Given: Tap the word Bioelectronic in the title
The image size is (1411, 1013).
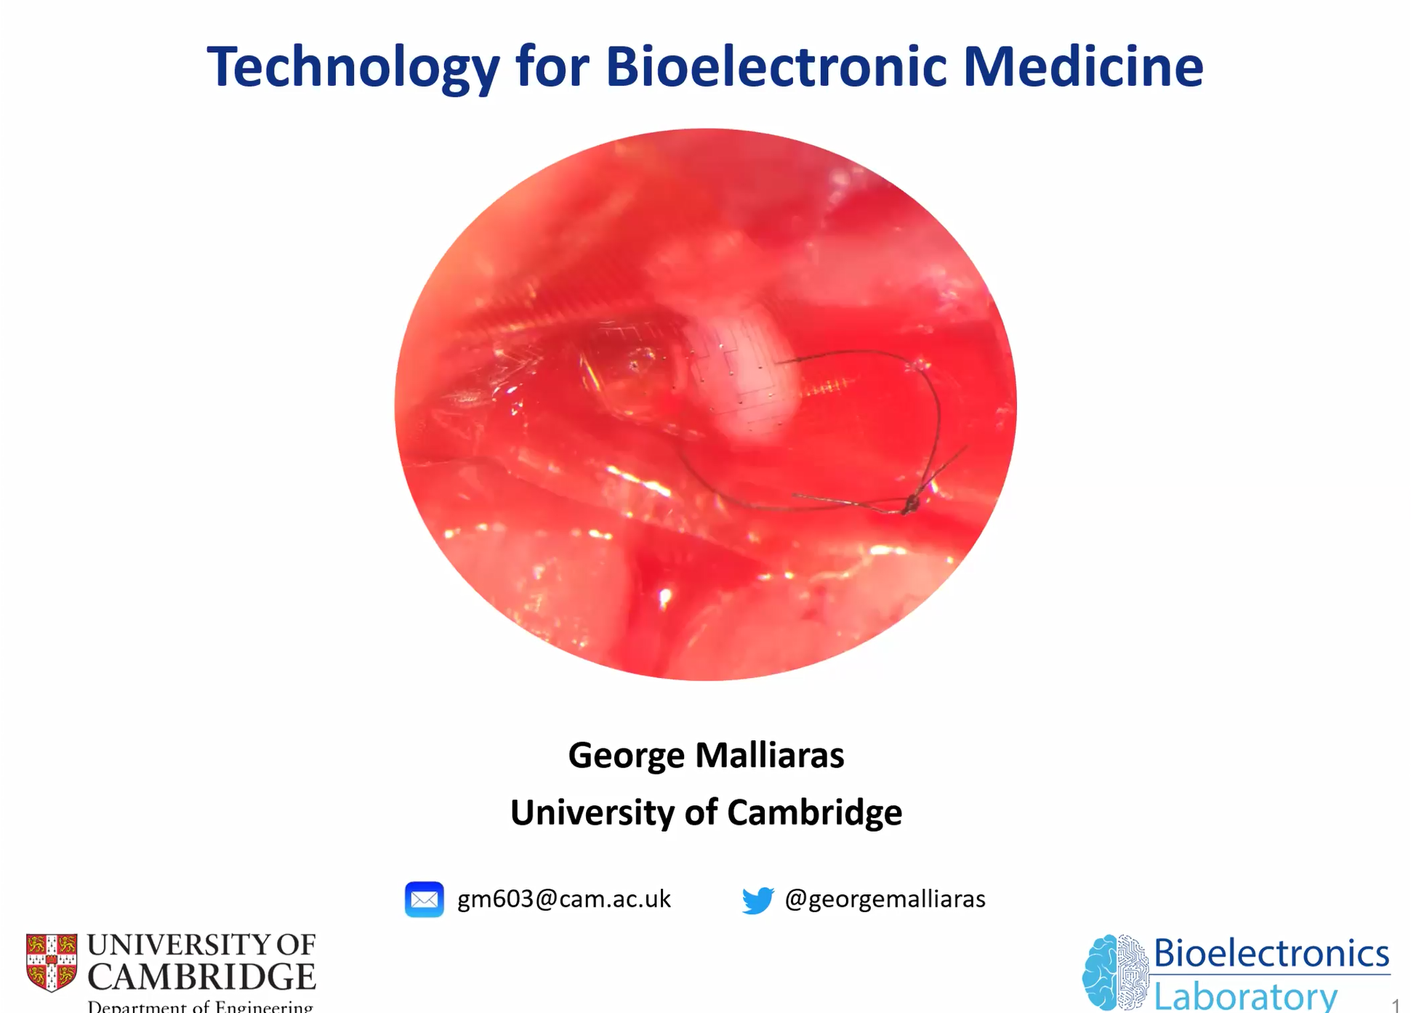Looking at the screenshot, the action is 776,66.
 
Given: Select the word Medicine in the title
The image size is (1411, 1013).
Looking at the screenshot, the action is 1083,66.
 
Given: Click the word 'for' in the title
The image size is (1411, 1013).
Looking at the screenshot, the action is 552,66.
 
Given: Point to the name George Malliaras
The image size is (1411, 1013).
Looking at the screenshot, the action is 706,755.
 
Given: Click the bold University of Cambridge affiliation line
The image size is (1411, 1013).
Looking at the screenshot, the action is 706,812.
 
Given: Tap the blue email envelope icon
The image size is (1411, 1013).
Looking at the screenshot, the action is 425,900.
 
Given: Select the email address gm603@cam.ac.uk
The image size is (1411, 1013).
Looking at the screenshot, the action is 564,900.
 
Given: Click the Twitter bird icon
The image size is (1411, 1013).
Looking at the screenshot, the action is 757,900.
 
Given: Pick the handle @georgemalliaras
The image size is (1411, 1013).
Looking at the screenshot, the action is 885,900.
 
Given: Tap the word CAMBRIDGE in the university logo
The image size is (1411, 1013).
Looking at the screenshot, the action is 202,977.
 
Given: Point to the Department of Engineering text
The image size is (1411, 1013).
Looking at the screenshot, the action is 201,1006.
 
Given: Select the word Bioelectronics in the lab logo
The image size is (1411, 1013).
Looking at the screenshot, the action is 1271,953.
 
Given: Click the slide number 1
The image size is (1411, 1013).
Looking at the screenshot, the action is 1396,1005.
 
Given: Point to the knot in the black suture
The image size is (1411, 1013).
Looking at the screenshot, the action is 910,503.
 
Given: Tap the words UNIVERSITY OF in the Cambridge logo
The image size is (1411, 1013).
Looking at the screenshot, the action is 202,945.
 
